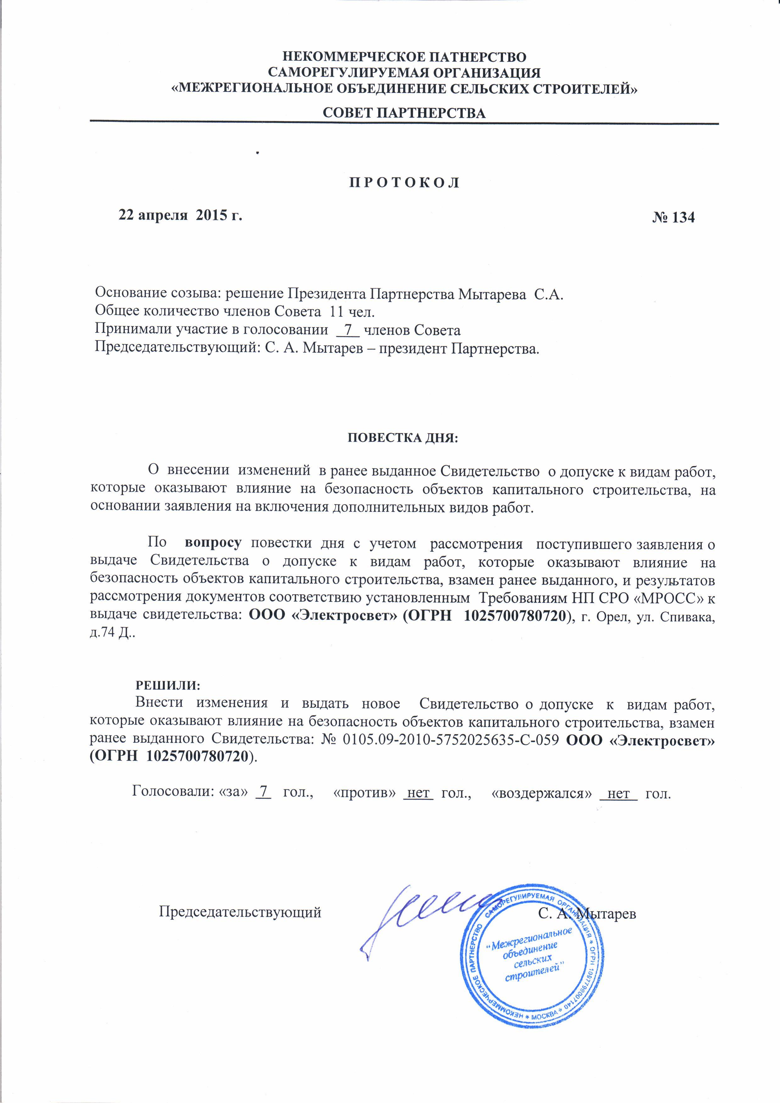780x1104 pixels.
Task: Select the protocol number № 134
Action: (x=673, y=217)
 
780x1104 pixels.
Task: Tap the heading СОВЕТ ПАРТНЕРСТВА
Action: (x=404, y=113)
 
